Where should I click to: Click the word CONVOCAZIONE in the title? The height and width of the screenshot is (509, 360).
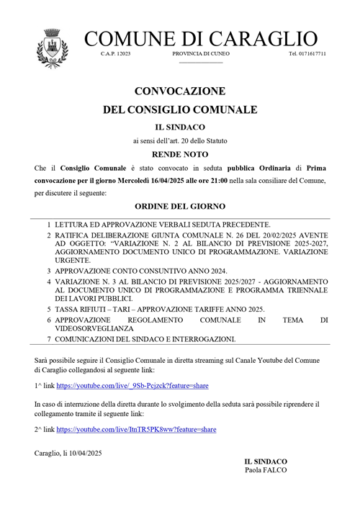click(180, 91)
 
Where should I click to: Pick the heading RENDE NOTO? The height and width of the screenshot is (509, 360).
click(180, 154)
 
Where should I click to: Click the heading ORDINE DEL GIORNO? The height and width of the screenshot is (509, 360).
click(180, 206)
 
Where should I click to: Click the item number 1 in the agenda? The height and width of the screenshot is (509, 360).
click(49, 225)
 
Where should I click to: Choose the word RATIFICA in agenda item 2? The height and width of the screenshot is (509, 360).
click(78, 235)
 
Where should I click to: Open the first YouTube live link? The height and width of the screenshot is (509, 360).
click(136, 386)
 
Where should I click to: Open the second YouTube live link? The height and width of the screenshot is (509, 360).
click(136, 429)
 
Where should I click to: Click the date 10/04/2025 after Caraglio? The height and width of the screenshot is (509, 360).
click(84, 452)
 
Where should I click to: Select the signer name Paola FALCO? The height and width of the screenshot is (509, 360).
click(265, 470)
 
